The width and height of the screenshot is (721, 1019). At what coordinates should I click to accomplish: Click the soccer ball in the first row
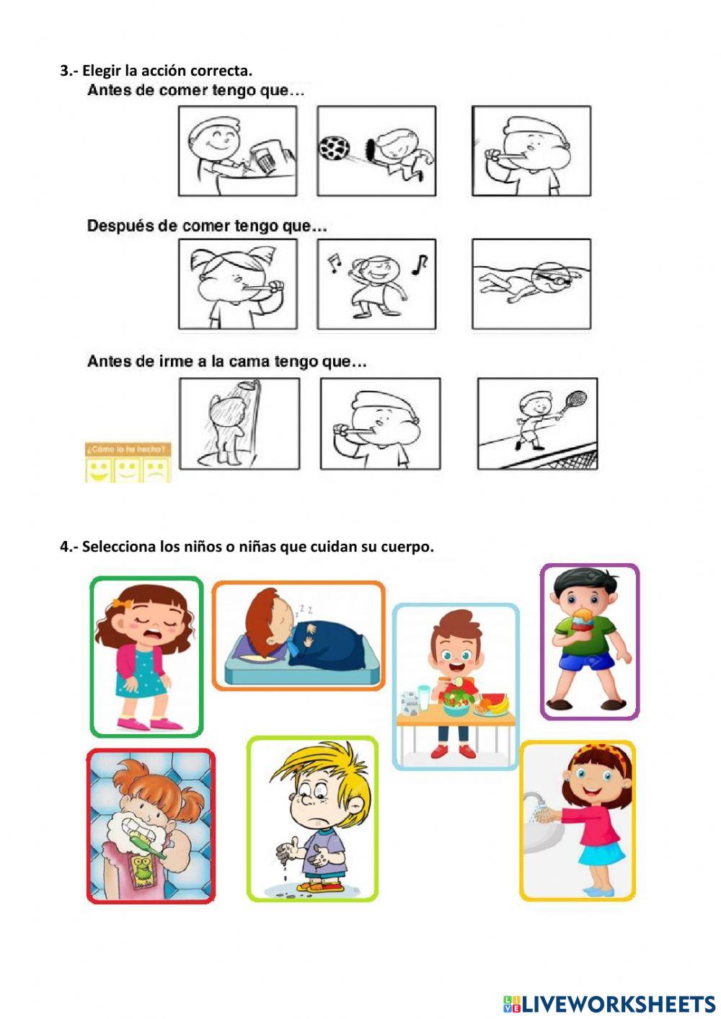pos(334,148)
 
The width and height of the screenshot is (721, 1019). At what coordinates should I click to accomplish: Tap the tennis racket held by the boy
pos(575,398)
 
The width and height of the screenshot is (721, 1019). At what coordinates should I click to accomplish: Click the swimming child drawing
pos(531,283)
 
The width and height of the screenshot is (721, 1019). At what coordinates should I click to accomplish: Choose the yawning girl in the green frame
pos(146,656)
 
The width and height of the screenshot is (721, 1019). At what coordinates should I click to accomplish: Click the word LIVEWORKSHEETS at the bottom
pos(618,1003)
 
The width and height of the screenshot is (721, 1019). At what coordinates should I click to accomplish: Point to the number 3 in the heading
pos(65,71)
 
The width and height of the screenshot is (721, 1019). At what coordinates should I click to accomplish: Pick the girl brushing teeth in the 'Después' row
pos(237,283)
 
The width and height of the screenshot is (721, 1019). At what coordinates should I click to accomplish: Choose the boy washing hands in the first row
pos(237,151)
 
